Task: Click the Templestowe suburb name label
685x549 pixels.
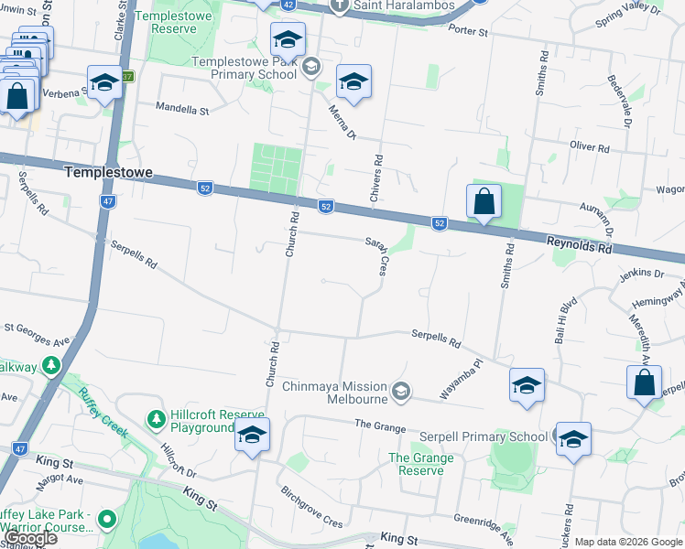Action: coord(107,172)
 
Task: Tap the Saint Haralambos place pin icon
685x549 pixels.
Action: coord(339,5)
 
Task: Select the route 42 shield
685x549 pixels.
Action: coord(288,5)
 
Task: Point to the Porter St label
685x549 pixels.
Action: coord(469,31)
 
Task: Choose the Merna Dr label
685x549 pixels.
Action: coord(342,124)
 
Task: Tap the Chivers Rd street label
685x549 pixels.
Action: coord(376,172)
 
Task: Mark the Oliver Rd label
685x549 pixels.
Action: coord(589,146)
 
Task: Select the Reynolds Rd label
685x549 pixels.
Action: coord(579,247)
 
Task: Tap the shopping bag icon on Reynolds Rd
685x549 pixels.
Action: coord(484,202)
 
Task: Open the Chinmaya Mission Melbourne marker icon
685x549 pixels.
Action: coord(400,392)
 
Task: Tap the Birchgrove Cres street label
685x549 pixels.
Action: coord(310,508)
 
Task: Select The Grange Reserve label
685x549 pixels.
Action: coord(420,464)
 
